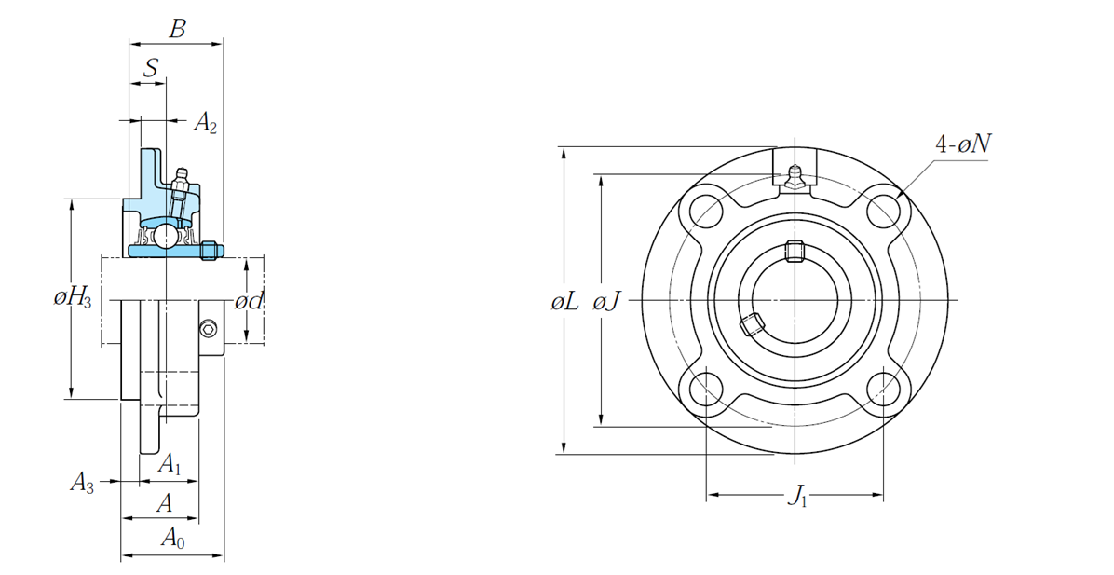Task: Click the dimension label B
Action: point(177,29)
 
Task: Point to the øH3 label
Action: point(72,298)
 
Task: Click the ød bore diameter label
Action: point(249,301)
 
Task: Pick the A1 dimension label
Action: point(170,463)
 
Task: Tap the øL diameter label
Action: point(564,301)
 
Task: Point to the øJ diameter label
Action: point(607,301)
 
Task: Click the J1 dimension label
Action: point(797,497)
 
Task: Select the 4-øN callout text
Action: point(963,144)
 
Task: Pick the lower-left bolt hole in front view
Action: point(706,388)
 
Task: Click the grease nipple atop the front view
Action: point(794,177)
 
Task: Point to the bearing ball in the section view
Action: point(164,235)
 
